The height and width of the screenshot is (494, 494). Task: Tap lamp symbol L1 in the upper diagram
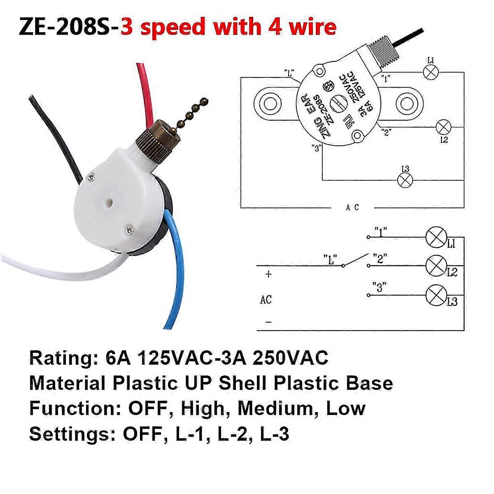tap(431, 72)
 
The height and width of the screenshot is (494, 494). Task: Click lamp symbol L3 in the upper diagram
tap(404, 179)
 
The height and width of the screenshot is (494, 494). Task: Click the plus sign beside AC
tap(268, 274)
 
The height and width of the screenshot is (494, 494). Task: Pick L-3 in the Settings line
tap(275, 434)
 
